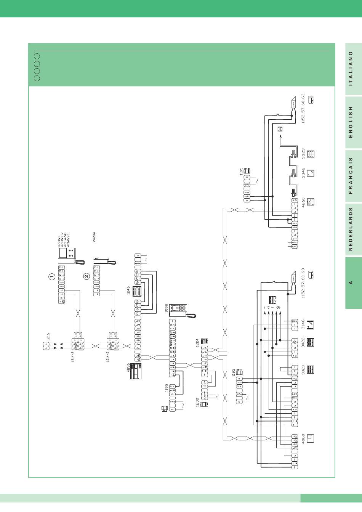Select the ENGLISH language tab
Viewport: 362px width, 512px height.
tap(351, 122)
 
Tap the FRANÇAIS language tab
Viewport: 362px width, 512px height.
tap(351, 175)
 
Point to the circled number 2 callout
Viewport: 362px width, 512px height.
tap(86, 276)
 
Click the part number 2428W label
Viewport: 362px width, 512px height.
tap(94, 236)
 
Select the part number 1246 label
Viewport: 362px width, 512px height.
tap(129, 291)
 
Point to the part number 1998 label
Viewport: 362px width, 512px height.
tap(167, 308)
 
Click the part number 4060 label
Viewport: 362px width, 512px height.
tap(303, 440)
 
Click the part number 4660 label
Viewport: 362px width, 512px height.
tap(303, 201)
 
